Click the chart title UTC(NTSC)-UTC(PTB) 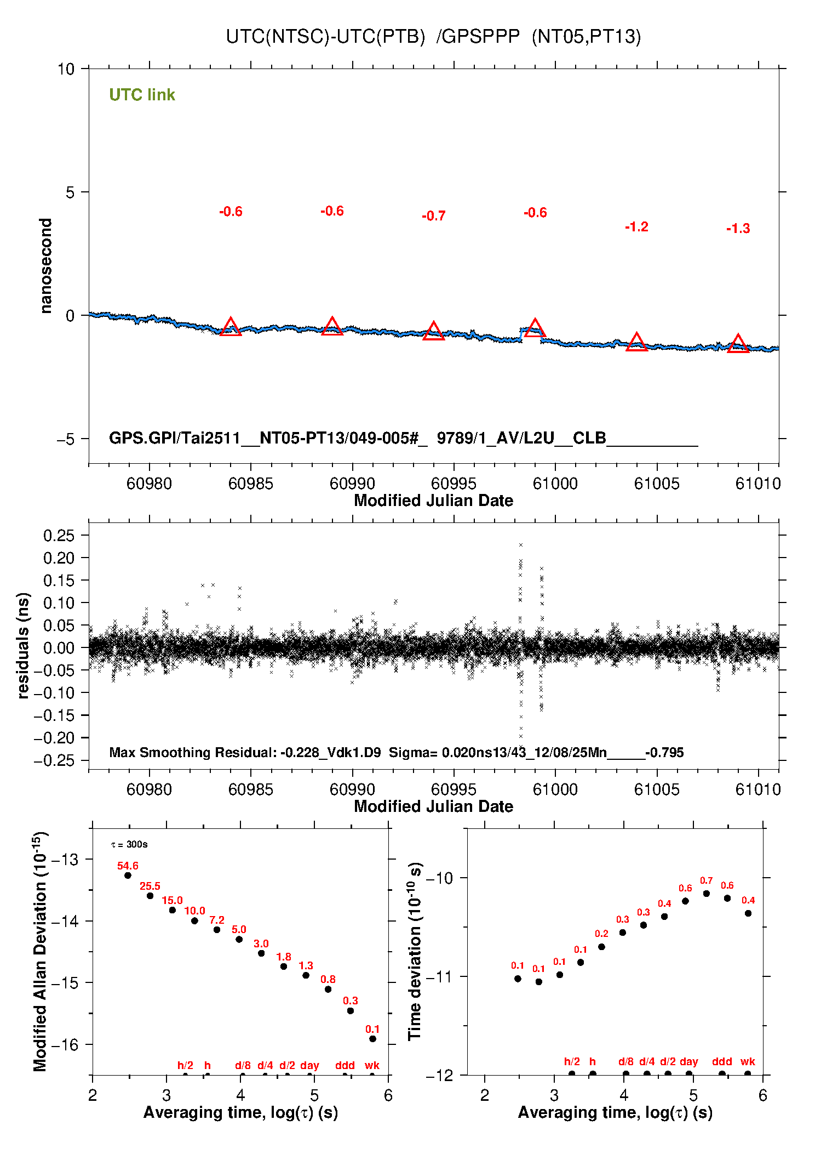325,37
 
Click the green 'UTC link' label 142,95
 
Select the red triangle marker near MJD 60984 231,327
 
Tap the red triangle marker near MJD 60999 535,328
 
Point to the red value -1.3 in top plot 738,229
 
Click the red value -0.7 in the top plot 433,216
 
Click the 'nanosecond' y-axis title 46,266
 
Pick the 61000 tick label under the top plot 555,484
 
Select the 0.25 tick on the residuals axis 59,536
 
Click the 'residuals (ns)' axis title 23,645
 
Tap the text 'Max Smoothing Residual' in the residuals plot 192,752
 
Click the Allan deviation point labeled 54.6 128,875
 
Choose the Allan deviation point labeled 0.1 372,1038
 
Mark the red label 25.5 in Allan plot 150,886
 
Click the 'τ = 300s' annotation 129,844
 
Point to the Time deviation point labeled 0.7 706,894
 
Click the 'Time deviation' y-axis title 415,951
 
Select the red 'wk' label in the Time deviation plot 748,1061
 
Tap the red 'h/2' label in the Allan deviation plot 185,1065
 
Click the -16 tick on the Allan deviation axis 64,1045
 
